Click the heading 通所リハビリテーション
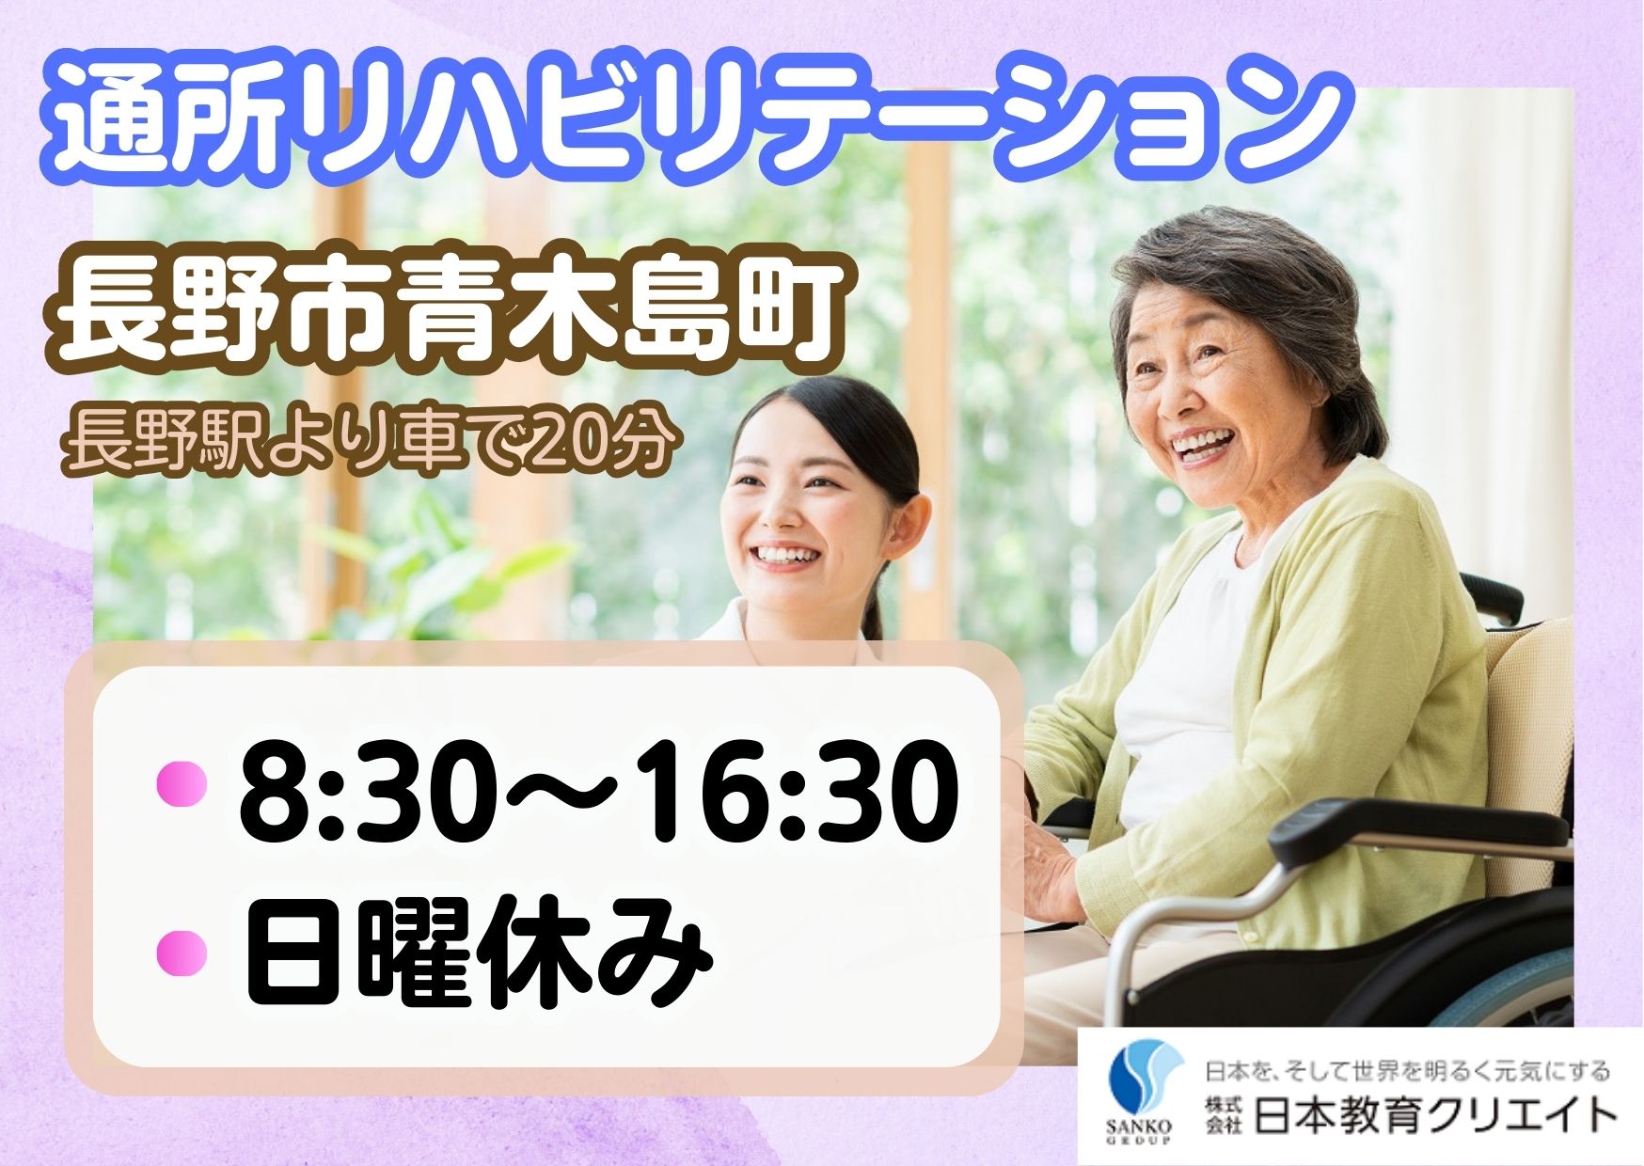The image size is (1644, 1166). coord(696,120)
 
